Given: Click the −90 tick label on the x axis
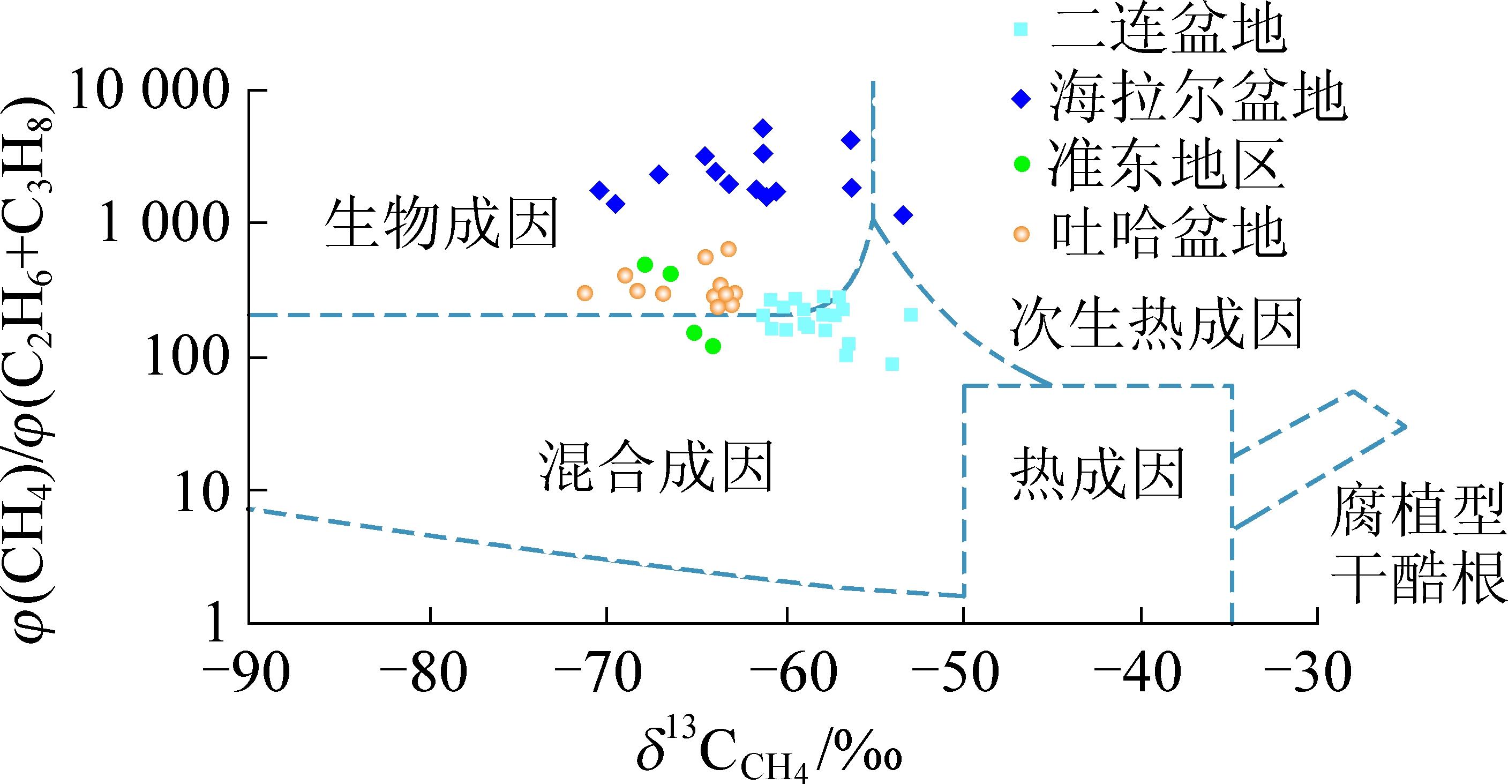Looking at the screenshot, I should [x=246, y=673].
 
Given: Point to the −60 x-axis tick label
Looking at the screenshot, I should [x=793, y=673].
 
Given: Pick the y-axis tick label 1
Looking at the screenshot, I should [x=215, y=623].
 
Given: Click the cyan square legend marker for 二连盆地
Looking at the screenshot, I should [x=1021, y=29].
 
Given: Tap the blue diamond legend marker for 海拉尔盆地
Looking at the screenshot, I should [x=1022, y=99].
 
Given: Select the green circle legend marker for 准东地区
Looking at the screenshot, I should [x=1022, y=164].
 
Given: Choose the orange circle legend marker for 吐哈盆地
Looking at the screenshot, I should [x=1022, y=234].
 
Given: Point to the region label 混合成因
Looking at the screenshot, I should [x=656, y=467].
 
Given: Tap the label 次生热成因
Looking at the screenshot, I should [x=1157, y=324].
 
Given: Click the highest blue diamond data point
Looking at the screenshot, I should [x=763, y=128].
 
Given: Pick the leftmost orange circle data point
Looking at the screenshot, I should [x=585, y=293].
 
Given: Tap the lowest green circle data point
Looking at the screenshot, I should [x=712, y=346].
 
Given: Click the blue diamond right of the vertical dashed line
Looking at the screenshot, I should [x=903, y=215].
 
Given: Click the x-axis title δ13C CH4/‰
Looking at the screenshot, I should [x=769, y=752].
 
